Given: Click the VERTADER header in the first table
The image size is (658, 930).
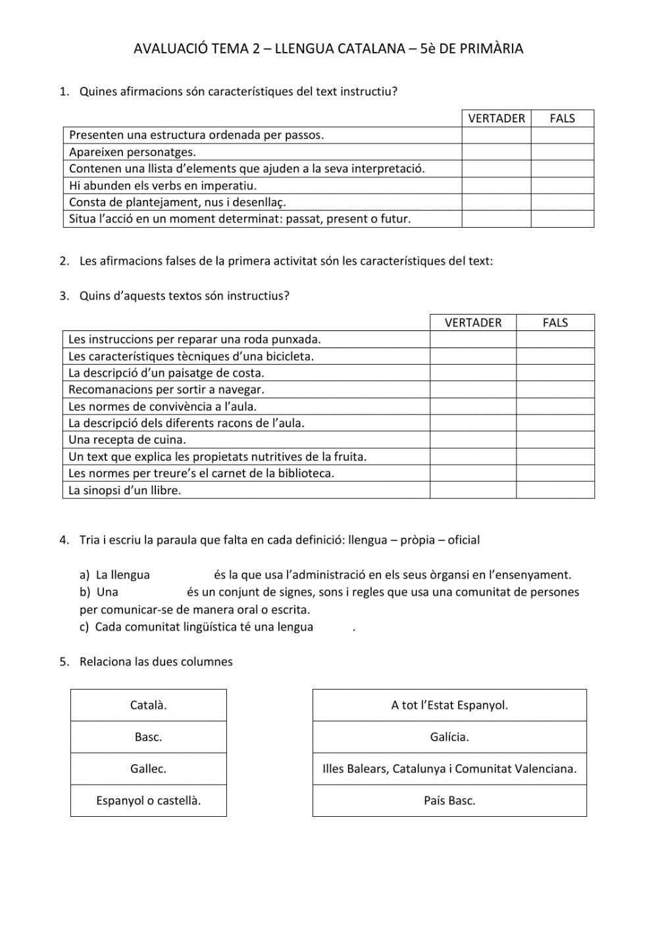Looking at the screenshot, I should (x=496, y=118).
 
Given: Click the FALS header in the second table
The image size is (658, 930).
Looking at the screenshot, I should (x=555, y=323).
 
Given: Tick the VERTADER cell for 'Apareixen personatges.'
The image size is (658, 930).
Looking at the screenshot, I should (x=496, y=152).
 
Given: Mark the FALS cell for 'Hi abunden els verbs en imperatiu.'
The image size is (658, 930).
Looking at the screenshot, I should (x=562, y=186).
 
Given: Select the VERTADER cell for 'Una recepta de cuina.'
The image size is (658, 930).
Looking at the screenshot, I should (x=472, y=440).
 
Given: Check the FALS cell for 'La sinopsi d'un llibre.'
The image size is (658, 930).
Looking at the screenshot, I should (x=555, y=490).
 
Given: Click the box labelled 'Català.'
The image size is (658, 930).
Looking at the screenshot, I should (x=148, y=706).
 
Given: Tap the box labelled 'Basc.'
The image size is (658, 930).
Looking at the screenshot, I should (x=148, y=737).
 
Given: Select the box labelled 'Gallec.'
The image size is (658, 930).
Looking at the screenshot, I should (x=148, y=769).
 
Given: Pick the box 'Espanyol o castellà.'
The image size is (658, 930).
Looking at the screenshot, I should (x=148, y=801).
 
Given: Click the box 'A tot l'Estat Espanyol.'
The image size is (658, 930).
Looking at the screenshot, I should (x=449, y=706).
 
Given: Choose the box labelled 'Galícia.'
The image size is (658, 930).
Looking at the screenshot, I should (x=449, y=737).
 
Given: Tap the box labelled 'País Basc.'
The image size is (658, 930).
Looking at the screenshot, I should (x=449, y=801).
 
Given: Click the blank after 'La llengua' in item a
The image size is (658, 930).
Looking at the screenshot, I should (x=182, y=575).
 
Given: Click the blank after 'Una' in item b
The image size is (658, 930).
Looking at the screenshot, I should (x=152, y=592).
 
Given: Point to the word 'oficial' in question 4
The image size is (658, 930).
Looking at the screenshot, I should (x=463, y=540).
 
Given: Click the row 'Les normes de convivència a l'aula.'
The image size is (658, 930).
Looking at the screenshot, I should (x=163, y=407).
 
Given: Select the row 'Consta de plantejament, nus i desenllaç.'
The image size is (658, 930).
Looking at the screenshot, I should (x=178, y=202).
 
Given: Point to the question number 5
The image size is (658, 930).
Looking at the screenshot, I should (x=64, y=662).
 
